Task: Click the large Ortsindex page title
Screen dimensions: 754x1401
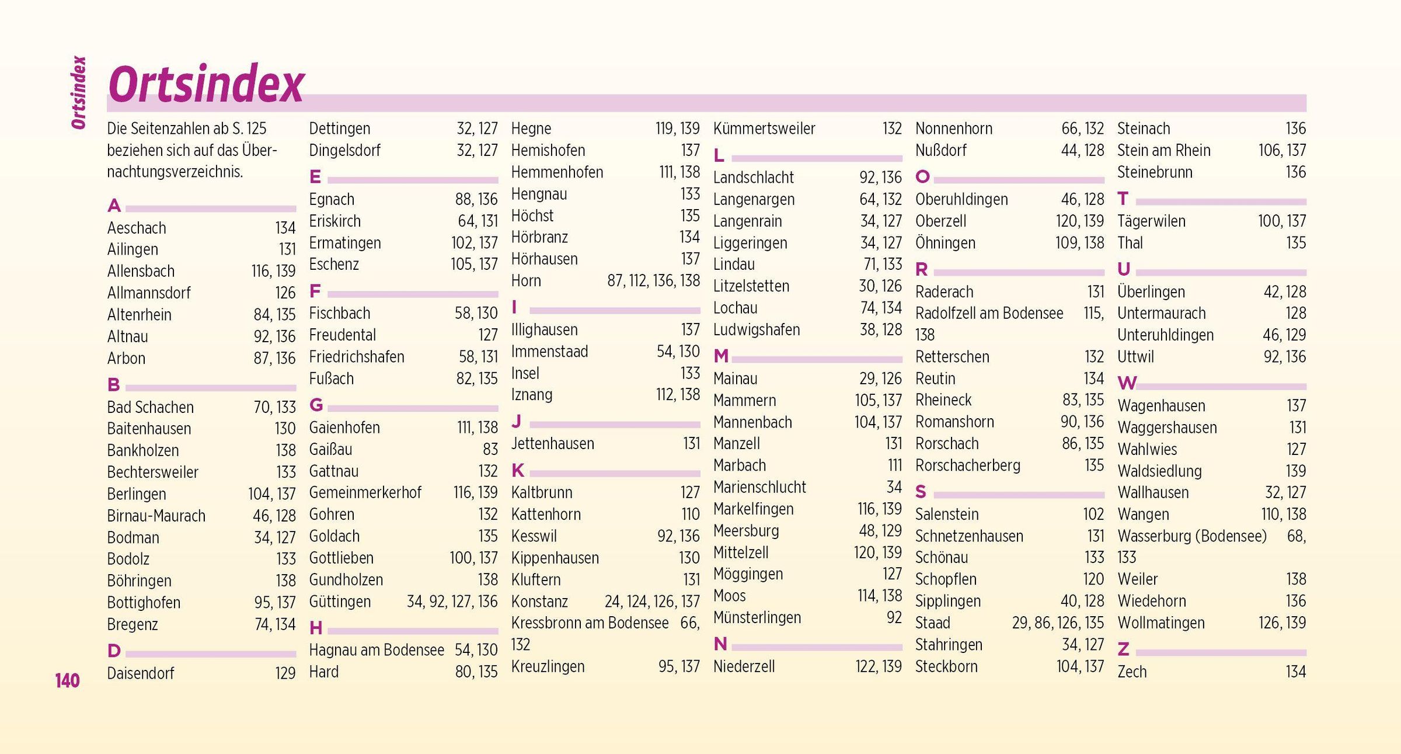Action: point(206,85)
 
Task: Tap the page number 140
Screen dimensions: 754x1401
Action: point(67,680)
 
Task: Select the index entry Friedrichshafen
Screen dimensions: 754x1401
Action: point(356,357)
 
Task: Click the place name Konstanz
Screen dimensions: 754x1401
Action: point(539,602)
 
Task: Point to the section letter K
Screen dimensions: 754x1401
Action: point(518,470)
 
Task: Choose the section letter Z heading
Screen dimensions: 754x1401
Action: point(1123,649)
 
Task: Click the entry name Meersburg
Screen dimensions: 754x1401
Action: point(746,531)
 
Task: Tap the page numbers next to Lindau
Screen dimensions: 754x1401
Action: point(883,265)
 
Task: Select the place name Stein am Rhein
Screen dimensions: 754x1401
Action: point(1163,151)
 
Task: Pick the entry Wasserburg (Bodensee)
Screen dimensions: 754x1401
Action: point(1192,536)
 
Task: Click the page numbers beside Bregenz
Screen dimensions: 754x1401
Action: point(275,624)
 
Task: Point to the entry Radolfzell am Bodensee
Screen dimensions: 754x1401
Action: point(989,314)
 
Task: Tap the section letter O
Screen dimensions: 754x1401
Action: point(922,176)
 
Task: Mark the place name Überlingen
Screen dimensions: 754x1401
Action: point(1151,292)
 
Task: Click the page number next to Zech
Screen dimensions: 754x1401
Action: point(1295,672)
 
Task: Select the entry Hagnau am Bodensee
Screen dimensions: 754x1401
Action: point(376,650)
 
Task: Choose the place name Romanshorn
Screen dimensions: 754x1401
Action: point(954,422)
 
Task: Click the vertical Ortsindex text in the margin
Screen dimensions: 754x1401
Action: point(79,92)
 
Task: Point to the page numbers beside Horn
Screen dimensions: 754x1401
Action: point(653,281)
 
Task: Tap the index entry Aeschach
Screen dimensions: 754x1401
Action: point(137,228)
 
